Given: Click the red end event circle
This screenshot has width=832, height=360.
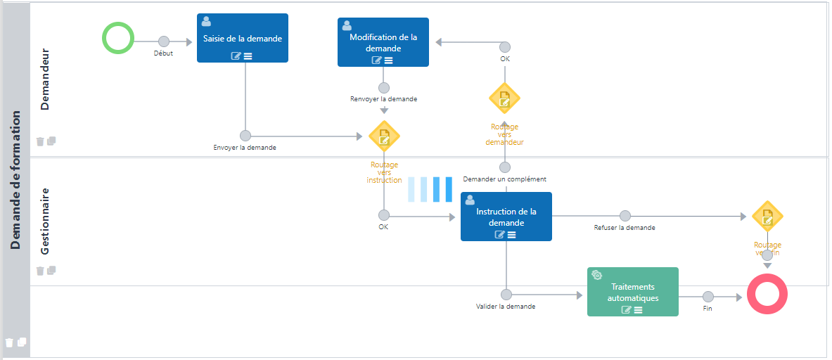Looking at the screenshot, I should pos(767,294).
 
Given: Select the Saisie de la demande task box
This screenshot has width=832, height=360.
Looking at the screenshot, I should pos(242,39).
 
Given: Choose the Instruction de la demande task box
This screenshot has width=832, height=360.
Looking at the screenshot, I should pos(506,217).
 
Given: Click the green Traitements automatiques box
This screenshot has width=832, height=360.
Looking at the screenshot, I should pos(632,292).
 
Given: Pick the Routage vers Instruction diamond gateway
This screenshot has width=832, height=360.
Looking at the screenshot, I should pos(384,136).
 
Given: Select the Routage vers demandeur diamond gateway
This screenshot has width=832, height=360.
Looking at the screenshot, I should pos(504,98).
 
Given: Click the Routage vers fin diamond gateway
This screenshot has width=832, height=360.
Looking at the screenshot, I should pos(767,217).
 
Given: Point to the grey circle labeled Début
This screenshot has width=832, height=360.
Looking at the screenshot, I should pos(164,41).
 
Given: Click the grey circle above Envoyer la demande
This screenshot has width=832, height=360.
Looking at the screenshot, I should pos(245,136).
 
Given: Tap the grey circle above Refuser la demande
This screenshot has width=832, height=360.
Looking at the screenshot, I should pos(625,217).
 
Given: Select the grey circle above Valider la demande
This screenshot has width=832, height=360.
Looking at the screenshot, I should pos(506,295).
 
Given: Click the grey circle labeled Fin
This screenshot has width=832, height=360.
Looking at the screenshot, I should pos(708,297).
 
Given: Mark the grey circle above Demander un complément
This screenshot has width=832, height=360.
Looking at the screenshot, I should pos(504,167).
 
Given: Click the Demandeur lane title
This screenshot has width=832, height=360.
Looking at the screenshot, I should pos(45,79).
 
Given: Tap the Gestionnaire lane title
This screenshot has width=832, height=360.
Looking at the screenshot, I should pos(45,221).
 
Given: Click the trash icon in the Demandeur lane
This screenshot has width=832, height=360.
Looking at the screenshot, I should pos(40,141).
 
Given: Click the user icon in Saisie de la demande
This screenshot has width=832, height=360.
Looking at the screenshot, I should pos(206,22).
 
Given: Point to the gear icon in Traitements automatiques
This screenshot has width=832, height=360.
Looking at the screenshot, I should pos(596,275).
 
